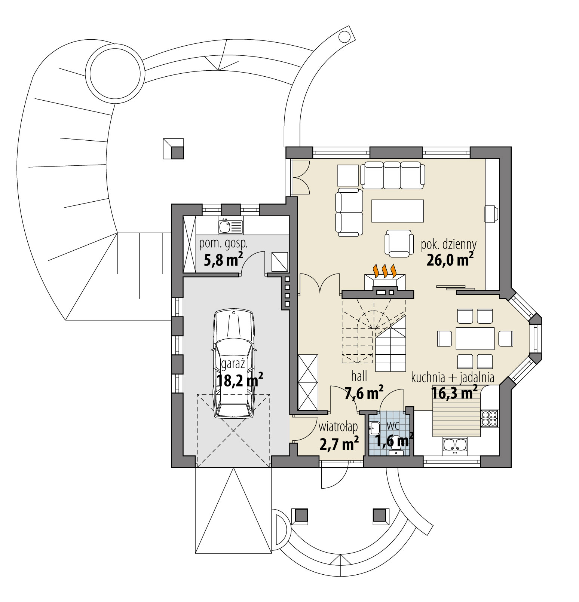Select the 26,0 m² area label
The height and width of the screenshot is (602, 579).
(x=450, y=259)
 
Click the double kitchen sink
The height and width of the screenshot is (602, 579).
(x=455, y=445)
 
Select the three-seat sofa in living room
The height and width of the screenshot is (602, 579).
(x=392, y=175)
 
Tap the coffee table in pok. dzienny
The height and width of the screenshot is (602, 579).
(x=398, y=211)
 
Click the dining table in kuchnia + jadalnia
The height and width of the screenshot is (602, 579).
(x=475, y=338)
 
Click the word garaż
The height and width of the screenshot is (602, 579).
(x=233, y=364)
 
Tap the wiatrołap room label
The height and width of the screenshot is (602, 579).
(x=338, y=427)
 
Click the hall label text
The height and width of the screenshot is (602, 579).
(x=359, y=376)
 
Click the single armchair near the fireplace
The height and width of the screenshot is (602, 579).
(x=399, y=243)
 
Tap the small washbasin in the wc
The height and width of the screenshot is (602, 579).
(x=374, y=428)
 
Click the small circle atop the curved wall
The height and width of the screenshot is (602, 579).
(x=343, y=36)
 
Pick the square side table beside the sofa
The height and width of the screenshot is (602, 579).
(x=348, y=175)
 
